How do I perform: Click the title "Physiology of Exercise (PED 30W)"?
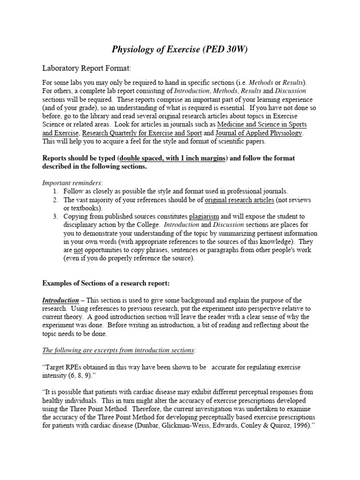180,50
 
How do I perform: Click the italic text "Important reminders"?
72,183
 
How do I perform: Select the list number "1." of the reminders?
55,191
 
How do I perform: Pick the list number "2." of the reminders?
55,200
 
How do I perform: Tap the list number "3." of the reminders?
55,216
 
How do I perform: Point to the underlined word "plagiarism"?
204,216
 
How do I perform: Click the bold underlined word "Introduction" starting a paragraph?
60,300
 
